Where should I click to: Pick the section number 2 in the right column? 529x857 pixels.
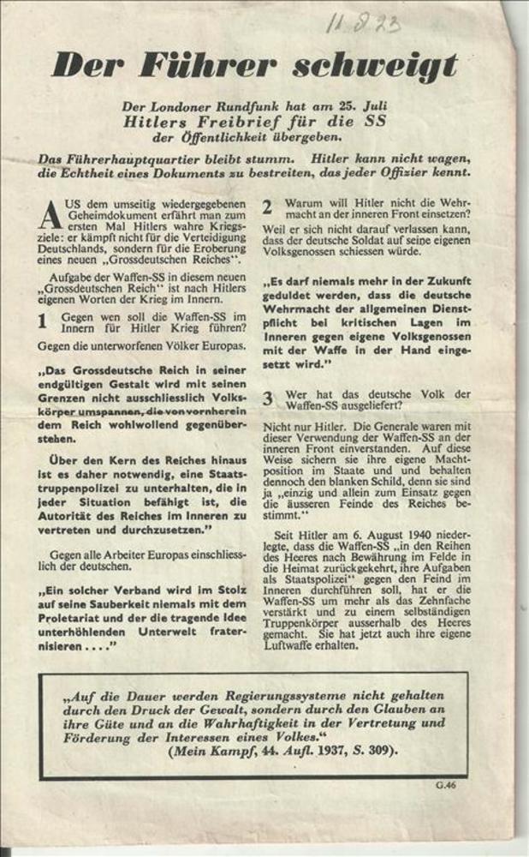267,207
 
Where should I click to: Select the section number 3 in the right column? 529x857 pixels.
267,397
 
